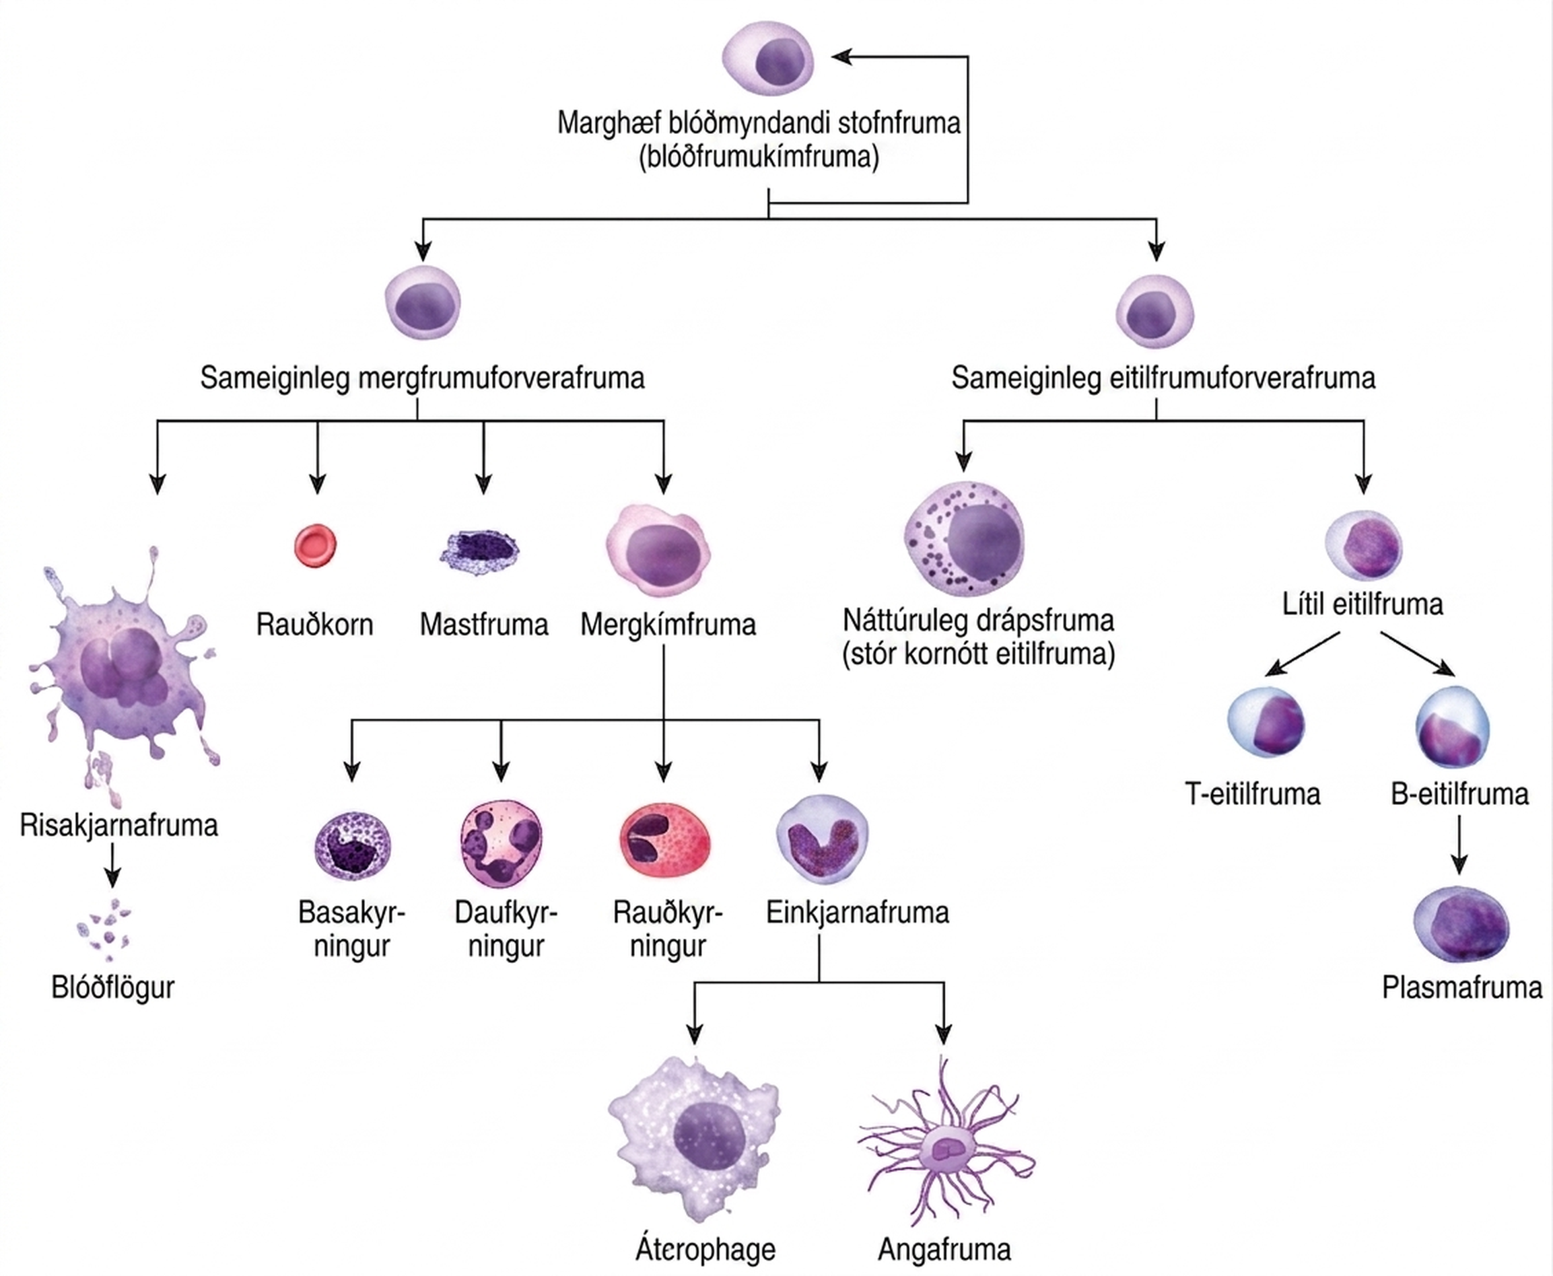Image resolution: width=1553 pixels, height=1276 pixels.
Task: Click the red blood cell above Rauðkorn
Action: point(316,545)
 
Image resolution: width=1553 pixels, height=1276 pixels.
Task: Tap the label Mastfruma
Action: point(484,625)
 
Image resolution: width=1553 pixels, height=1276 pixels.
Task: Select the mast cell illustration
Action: point(479,551)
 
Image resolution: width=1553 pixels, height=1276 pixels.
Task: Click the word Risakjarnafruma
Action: point(118,826)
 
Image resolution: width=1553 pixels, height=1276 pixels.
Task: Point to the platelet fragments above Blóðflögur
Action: point(104,930)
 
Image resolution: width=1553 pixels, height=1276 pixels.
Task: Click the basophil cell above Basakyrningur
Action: point(352,846)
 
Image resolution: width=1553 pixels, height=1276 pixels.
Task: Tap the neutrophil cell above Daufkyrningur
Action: point(501,844)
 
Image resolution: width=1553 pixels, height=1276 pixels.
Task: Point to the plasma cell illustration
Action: point(1460,925)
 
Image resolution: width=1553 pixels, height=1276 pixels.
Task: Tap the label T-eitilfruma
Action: point(1252,794)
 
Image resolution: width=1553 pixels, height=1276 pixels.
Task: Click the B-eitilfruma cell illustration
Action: point(1452,727)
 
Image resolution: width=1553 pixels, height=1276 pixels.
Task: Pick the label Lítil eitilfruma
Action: point(1362,604)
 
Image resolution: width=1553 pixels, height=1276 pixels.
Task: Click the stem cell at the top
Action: point(767,59)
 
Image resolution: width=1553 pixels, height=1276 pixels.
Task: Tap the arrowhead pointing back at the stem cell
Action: point(842,57)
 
